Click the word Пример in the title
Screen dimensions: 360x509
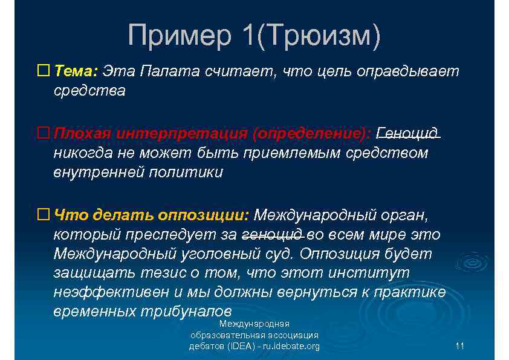179,36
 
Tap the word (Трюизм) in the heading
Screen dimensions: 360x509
319,36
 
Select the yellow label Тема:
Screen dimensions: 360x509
76,71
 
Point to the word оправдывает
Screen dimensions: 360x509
408,71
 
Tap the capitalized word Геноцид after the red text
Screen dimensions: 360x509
408,133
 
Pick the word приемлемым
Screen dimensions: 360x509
292,152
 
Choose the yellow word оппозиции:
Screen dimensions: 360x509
203,215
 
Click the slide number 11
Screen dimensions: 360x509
459,346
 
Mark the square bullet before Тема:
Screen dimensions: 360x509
43,71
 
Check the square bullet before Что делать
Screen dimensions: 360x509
43,215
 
